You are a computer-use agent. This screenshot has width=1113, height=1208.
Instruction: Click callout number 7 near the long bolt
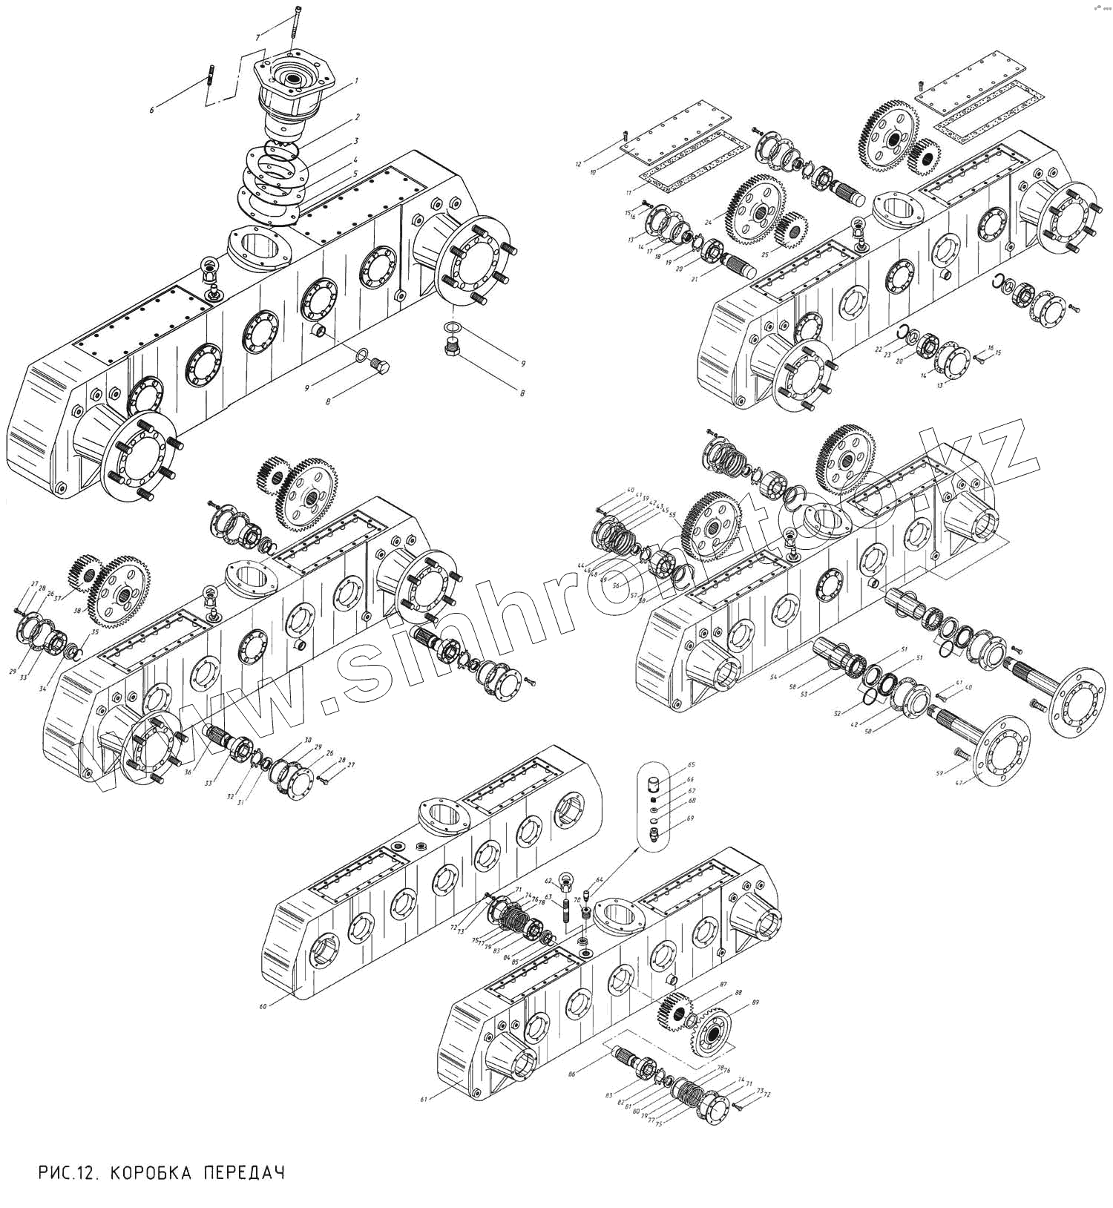tap(257, 37)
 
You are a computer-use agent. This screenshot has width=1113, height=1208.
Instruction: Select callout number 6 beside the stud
tap(152, 110)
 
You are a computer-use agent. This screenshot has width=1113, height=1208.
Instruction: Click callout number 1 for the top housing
tap(356, 80)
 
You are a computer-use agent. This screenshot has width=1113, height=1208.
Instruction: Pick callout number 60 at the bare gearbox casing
tap(263, 1007)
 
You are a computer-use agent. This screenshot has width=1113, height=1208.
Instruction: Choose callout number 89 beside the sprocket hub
tap(755, 1002)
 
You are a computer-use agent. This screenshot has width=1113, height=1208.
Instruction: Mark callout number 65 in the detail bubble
tap(691, 764)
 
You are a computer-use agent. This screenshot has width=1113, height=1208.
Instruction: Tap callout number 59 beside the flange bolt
tap(940, 774)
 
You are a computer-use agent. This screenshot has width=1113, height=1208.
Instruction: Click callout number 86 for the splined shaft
tap(571, 1074)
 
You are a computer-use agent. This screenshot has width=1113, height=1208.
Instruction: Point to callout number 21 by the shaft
tap(695, 279)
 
